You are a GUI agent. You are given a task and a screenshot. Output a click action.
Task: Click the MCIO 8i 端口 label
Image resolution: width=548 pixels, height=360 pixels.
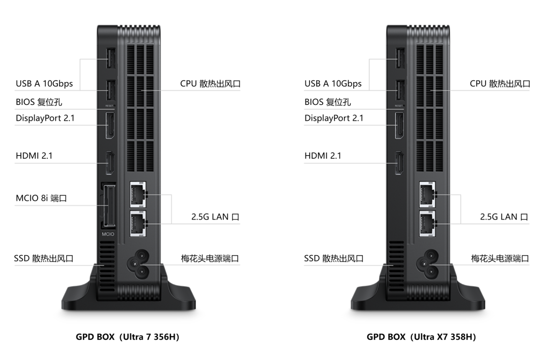click(x=41, y=198)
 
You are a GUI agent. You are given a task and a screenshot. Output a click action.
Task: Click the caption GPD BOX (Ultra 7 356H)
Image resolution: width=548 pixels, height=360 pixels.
click(x=127, y=337)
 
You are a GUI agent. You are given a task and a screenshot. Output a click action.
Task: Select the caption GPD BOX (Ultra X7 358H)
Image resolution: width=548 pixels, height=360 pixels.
click(x=421, y=337)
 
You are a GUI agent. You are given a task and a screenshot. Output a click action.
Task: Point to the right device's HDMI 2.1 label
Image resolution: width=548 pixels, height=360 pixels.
click(x=323, y=156)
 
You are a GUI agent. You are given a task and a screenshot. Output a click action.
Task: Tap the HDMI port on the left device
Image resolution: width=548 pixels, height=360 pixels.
click(x=108, y=163)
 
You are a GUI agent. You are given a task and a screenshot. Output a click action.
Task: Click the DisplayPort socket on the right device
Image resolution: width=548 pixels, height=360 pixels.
click(x=398, y=127)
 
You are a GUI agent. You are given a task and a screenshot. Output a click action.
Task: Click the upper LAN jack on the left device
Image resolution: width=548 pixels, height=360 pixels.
click(x=137, y=195)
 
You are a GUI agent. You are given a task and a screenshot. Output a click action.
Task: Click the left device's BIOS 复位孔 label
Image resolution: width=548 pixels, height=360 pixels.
click(x=39, y=102)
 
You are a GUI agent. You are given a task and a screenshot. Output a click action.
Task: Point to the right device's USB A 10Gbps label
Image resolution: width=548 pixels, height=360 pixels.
click(x=333, y=83)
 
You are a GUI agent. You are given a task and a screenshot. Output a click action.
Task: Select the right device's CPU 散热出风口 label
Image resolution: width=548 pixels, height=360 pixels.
click(x=500, y=83)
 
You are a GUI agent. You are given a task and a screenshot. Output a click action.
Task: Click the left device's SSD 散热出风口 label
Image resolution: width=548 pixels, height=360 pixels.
click(x=44, y=259)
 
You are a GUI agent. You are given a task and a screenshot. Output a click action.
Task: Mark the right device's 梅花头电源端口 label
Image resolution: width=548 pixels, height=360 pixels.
click(x=500, y=259)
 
